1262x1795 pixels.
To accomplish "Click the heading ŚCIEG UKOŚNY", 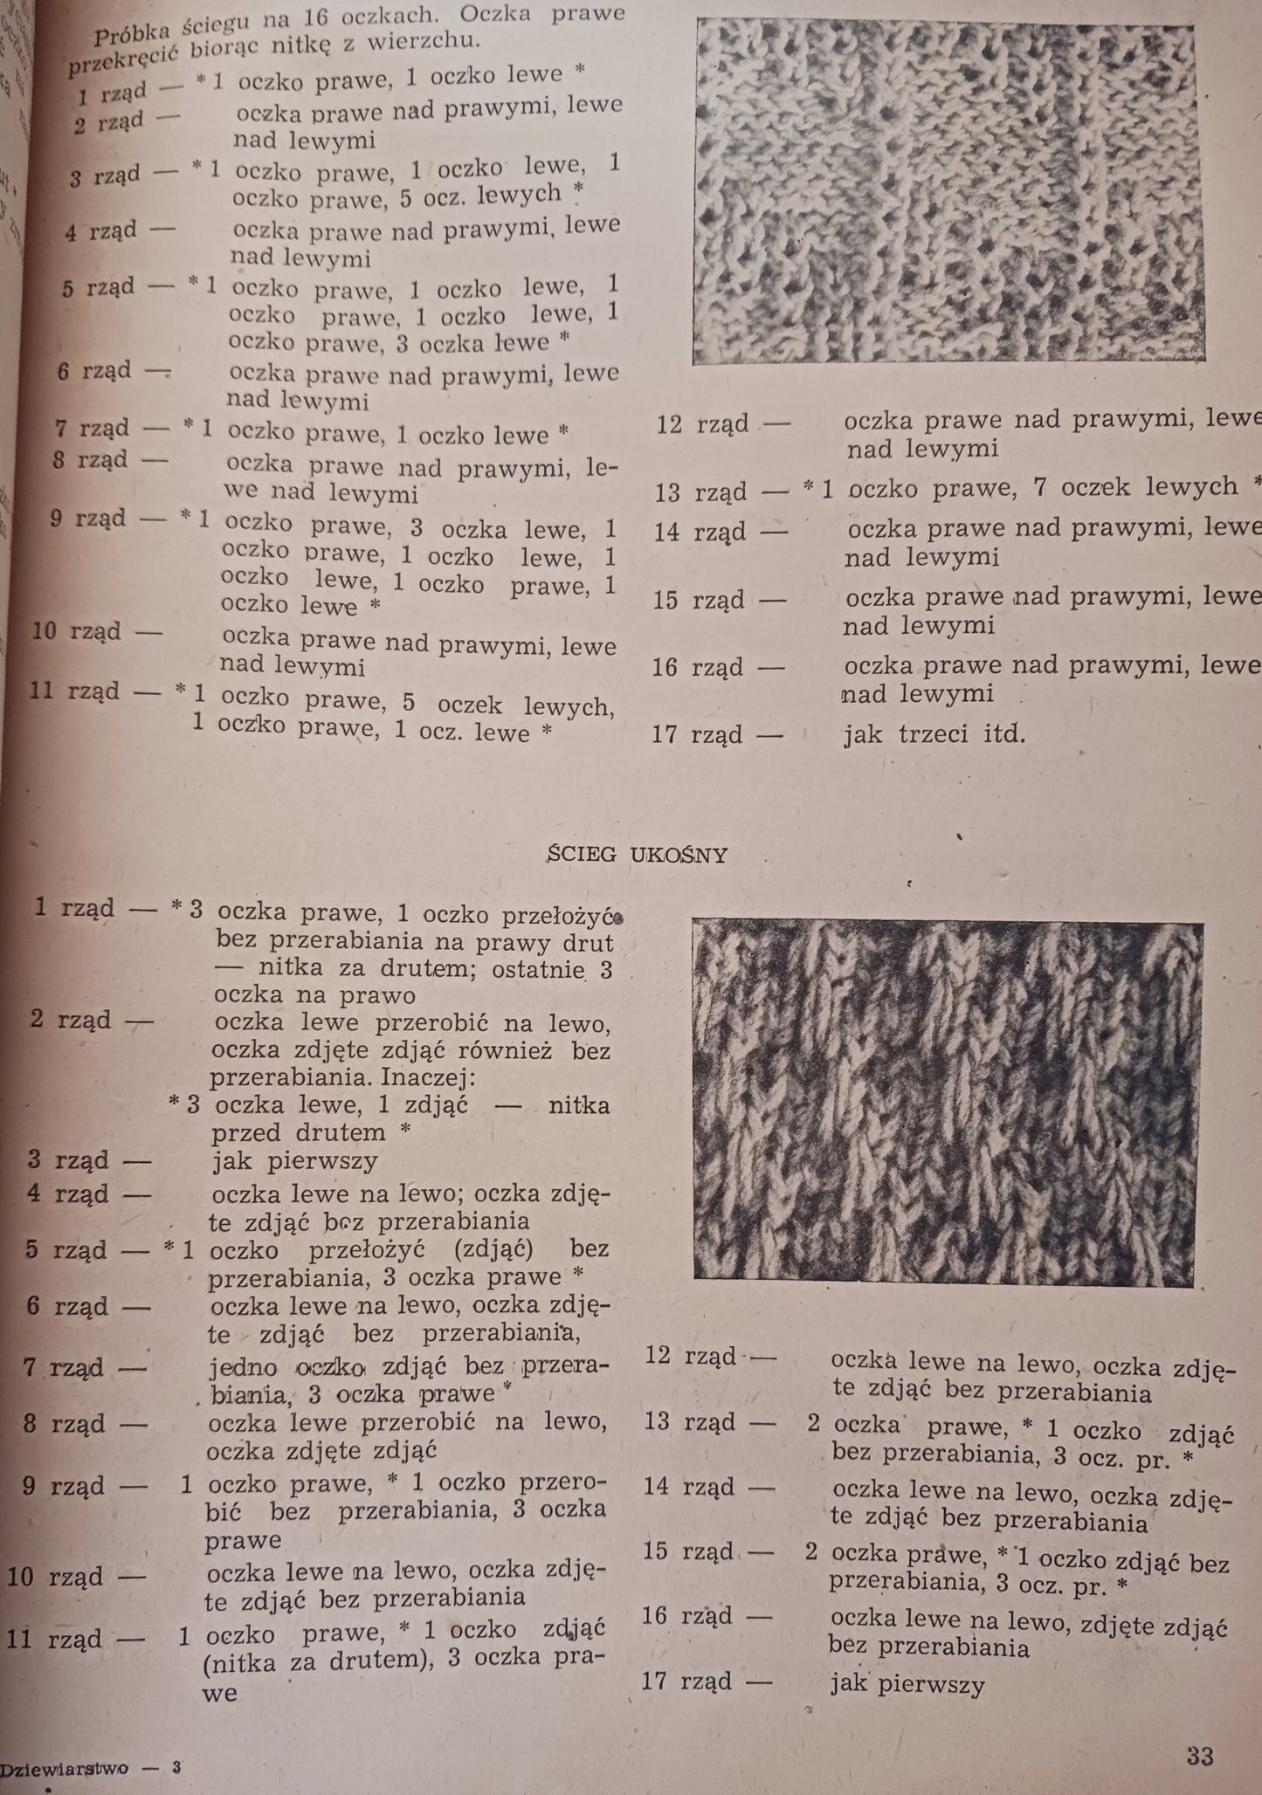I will coord(636,855).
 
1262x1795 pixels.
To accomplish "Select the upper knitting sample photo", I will coord(948,190).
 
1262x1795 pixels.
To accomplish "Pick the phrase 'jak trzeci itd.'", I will coord(933,733).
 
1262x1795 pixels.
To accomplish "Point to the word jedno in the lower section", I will coord(244,1366).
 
